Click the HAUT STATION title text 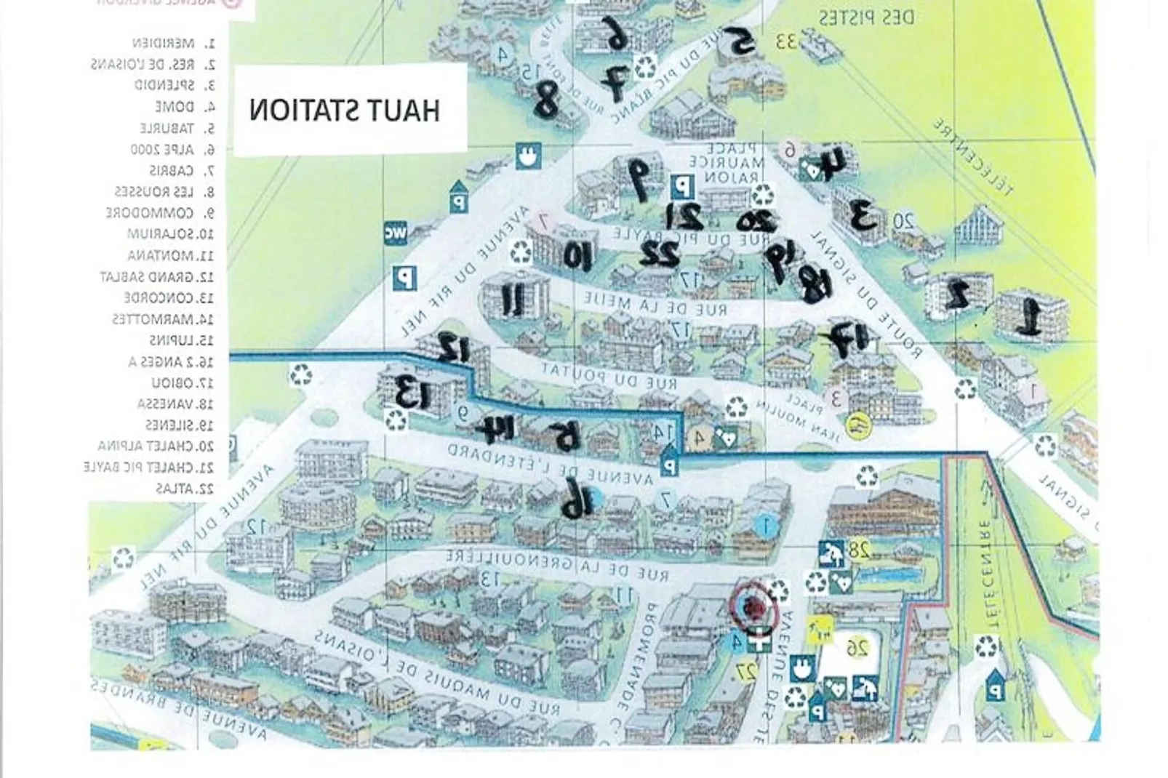click(345, 111)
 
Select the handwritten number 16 click(576, 500)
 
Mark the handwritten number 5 click(738, 43)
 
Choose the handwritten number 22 click(659, 254)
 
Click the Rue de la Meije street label click(655, 305)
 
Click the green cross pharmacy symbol click(761, 643)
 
